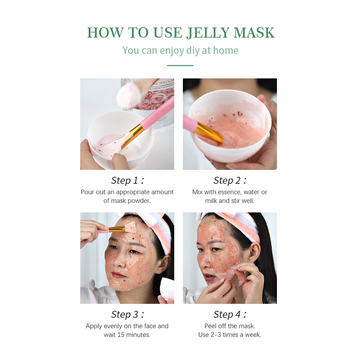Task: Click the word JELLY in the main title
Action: click(x=207, y=33)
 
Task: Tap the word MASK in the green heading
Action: click(x=254, y=33)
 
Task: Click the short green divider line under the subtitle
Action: click(x=180, y=65)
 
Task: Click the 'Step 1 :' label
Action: click(x=127, y=180)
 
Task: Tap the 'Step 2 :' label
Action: click(x=230, y=180)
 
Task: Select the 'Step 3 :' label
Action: click(x=127, y=314)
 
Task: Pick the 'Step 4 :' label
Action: click(x=230, y=314)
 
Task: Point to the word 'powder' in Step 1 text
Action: click(x=139, y=201)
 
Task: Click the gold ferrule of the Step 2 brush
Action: click(x=209, y=132)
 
